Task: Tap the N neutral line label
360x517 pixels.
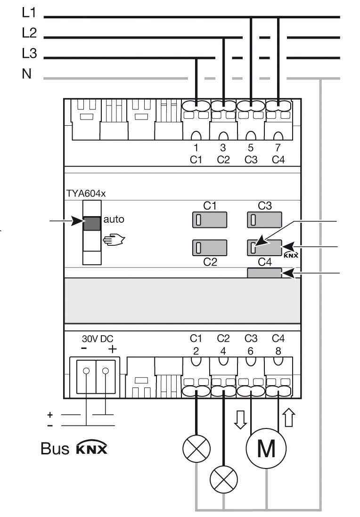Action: tap(27, 75)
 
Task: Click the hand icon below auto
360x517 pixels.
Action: tap(115, 240)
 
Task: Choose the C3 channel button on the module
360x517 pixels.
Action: tap(264, 220)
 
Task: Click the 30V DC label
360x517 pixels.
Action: tap(98, 339)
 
